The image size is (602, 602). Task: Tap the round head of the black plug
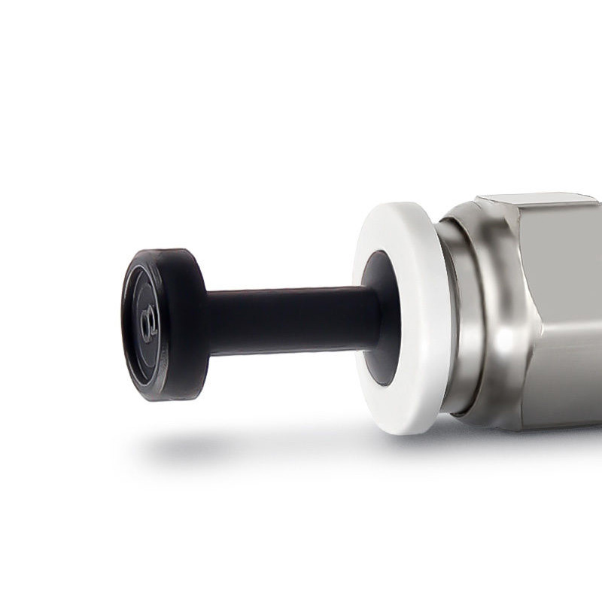pyautogui.click(x=162, y=324)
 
